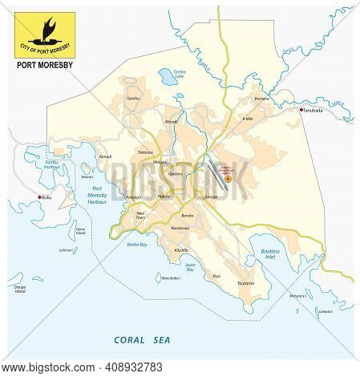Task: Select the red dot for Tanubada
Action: click(299, 132)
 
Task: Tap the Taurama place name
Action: click(245, 282)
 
